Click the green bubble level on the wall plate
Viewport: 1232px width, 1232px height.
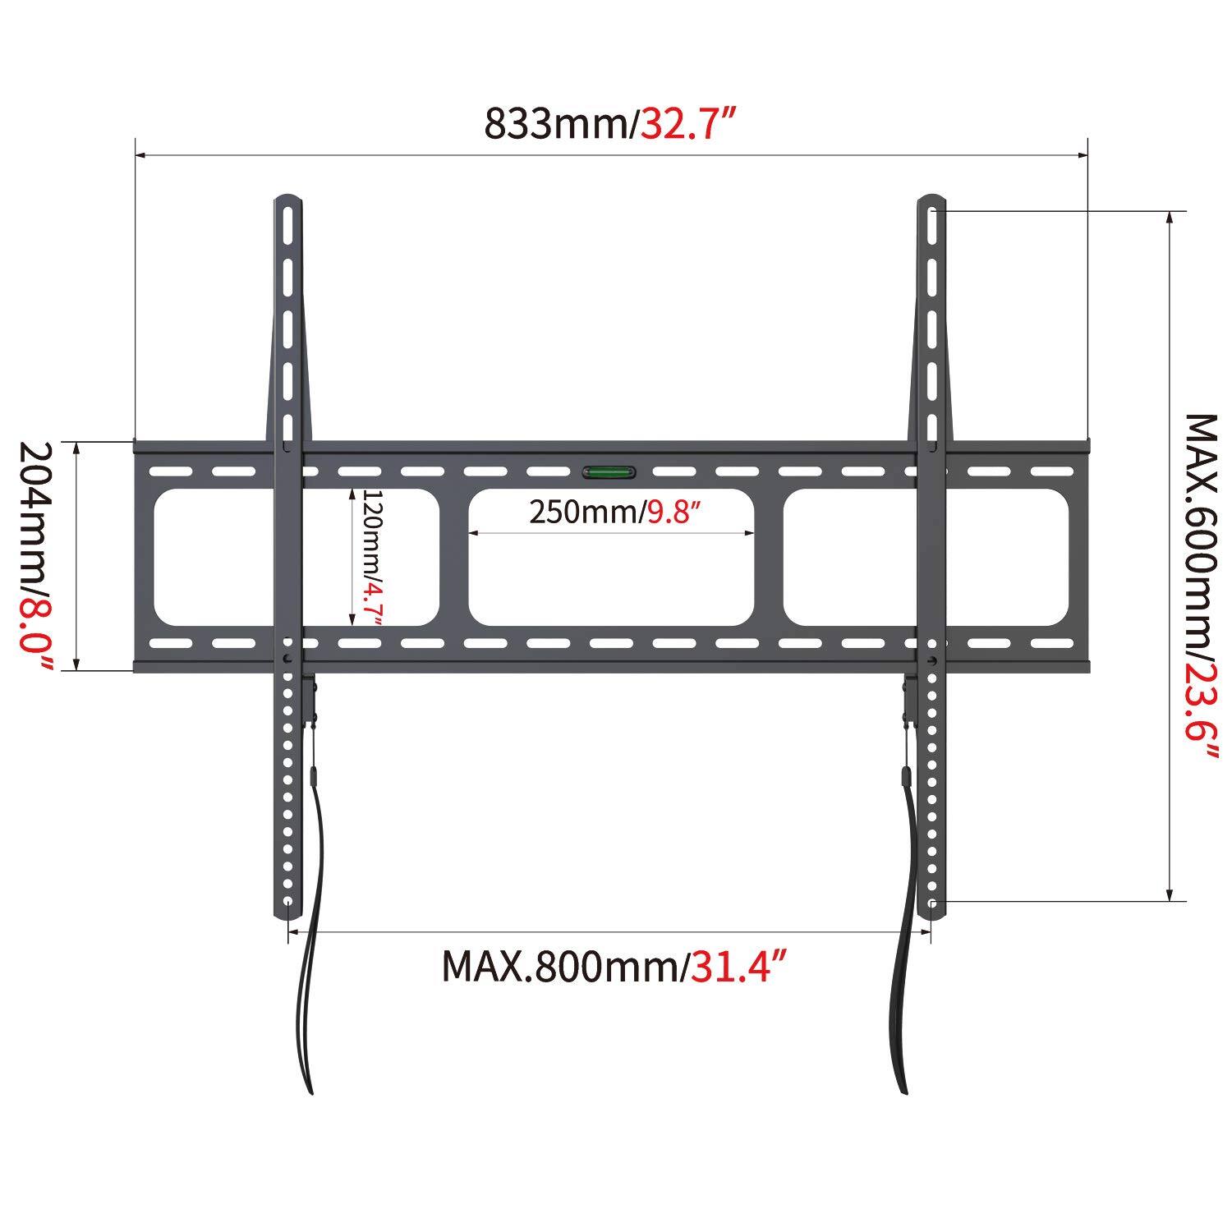pyautogui.click(x=609, y=472)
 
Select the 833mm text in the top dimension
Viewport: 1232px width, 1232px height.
pyautogui.click(x=555, y=123)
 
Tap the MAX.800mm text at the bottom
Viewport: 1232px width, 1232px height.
pyautogui.click(x=563, y=967)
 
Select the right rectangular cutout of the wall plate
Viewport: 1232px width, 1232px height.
pyautogui.click(x=926, y=557)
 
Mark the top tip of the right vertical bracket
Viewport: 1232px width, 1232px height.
pyautogui.click(x=931, y=197)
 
